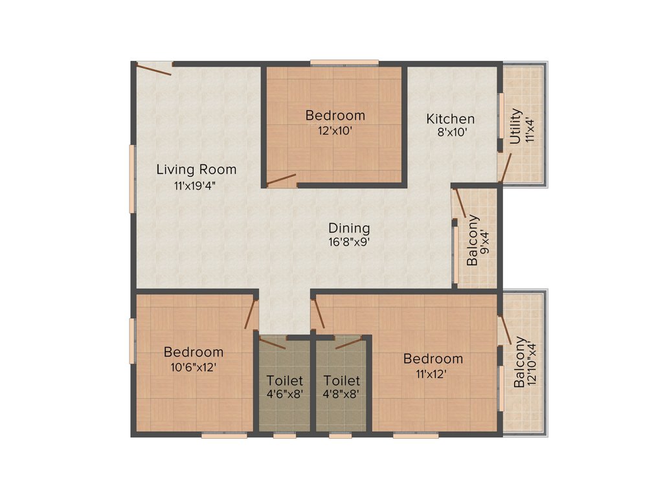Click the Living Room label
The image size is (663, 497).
coord(196,170)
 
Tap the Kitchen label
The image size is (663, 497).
coord(450,119)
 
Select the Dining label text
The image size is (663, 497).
coord(349,228)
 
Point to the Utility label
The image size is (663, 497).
coord(515,127)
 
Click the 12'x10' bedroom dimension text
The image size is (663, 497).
coord(335,129)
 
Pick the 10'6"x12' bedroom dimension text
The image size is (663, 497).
coord(194,366)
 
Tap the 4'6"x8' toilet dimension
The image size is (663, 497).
coord(285,393)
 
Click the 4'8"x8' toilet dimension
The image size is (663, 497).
coord(341,393)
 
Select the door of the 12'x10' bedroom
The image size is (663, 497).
coord(281,179)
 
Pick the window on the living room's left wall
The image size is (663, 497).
coord(131,178)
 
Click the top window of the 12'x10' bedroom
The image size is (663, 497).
coord(344,63)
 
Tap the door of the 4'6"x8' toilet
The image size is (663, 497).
coord(272,343)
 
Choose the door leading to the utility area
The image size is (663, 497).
coord(506,167)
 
